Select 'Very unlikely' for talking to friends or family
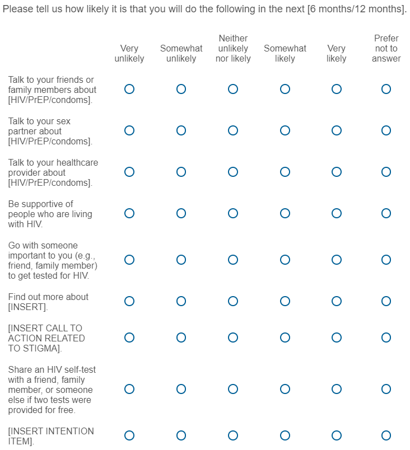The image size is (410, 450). point(129,89)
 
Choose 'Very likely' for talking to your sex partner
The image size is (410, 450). point(337,130)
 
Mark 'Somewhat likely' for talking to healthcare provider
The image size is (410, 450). point(285,172)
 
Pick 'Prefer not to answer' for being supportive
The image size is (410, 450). point(386,213)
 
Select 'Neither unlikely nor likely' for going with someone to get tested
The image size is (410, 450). point(233,260)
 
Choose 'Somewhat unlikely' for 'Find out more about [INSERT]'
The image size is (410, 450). point(181,301)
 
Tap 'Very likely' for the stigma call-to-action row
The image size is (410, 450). point(337,337)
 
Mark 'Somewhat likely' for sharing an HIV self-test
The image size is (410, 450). point(285,389)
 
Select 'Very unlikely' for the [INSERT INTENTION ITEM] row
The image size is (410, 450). point(129,435)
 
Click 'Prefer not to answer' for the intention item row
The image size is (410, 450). point(386,435)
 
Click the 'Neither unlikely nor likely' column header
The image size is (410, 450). point(233,49)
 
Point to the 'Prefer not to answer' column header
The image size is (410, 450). point(386,49)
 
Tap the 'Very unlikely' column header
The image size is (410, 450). point(129,54)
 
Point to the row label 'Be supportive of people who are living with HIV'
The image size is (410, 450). point(50,214)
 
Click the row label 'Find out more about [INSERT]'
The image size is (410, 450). point(48,302)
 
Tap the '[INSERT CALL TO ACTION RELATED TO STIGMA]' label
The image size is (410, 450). point(46,338)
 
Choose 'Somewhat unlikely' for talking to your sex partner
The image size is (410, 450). point(181,130)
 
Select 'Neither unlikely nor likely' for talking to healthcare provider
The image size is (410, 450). point(233,172)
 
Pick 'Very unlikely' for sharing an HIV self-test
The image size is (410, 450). point(129,389)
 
